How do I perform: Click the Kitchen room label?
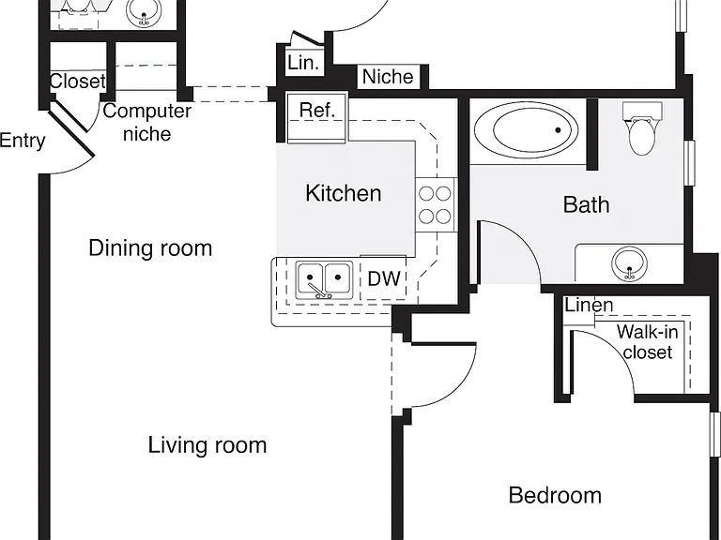pos(344,193)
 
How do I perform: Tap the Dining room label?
pos(150,248)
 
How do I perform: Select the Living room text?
pos(207,445)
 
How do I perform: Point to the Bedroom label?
pos(555,495)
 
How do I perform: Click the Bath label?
pos(586,204)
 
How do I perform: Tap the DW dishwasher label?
pos(384,278)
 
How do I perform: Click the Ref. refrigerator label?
pos(316,111)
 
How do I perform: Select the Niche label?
pos(388,77)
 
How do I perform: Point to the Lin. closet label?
pos(303,63)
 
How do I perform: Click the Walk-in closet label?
pos(648,341)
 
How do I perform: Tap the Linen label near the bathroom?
pos(589,305)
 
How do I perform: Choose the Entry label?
pos(23,141)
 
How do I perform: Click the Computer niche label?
pos(147,122)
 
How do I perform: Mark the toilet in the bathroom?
pos(642,128)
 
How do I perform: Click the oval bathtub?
pos(527,129)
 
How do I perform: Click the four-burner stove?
pos(436,204)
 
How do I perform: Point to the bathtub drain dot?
pos(559,130)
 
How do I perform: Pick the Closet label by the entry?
pos(78,82)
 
